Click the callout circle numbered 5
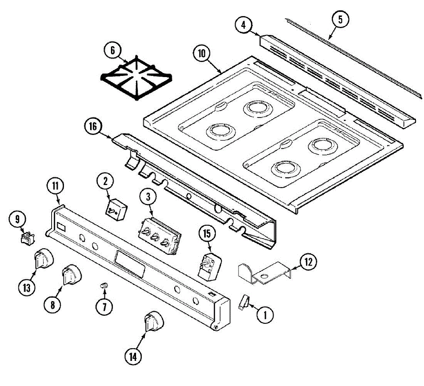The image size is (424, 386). tap(340, 20)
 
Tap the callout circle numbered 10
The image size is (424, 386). tap(201, 54)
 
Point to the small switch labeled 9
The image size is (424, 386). tap(28, 238)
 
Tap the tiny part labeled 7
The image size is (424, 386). tap(104, 285)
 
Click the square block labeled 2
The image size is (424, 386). tap(117, 210)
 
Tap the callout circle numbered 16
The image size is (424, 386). tap(93, 127)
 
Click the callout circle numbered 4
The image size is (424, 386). tap(243, 26)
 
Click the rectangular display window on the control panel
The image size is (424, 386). tap(130, 264)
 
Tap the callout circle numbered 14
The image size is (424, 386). tap(134, 357)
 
